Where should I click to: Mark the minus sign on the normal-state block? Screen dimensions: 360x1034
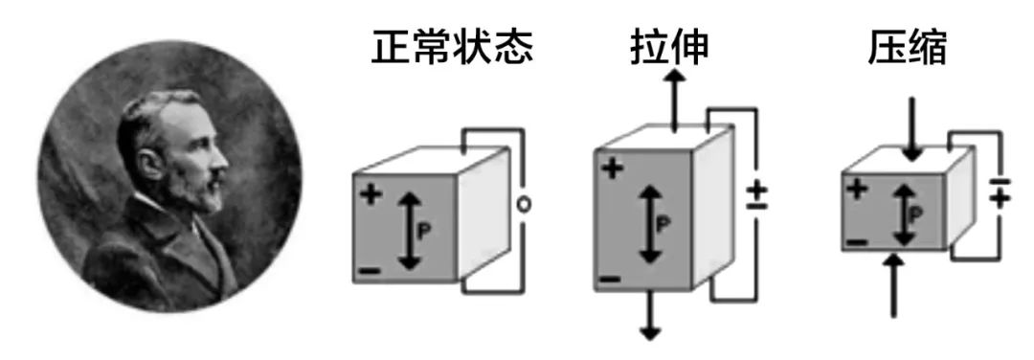click(370, 271)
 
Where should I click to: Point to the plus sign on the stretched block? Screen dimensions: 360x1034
click(614, 169)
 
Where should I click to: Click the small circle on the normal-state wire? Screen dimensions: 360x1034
click(524, 203)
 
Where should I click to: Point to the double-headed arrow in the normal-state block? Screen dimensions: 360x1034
click(409, 230)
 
